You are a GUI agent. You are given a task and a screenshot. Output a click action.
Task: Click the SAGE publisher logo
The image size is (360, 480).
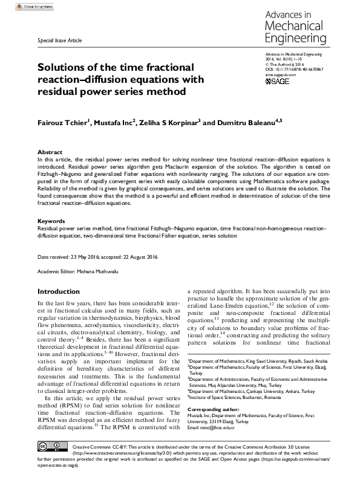277,80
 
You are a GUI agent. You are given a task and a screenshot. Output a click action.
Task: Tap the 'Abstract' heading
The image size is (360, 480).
50,152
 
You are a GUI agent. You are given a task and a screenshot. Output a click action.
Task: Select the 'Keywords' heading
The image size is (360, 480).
51,221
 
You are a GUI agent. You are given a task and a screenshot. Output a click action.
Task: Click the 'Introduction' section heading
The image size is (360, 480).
58,291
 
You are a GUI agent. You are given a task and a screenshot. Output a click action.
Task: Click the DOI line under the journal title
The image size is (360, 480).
295,70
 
